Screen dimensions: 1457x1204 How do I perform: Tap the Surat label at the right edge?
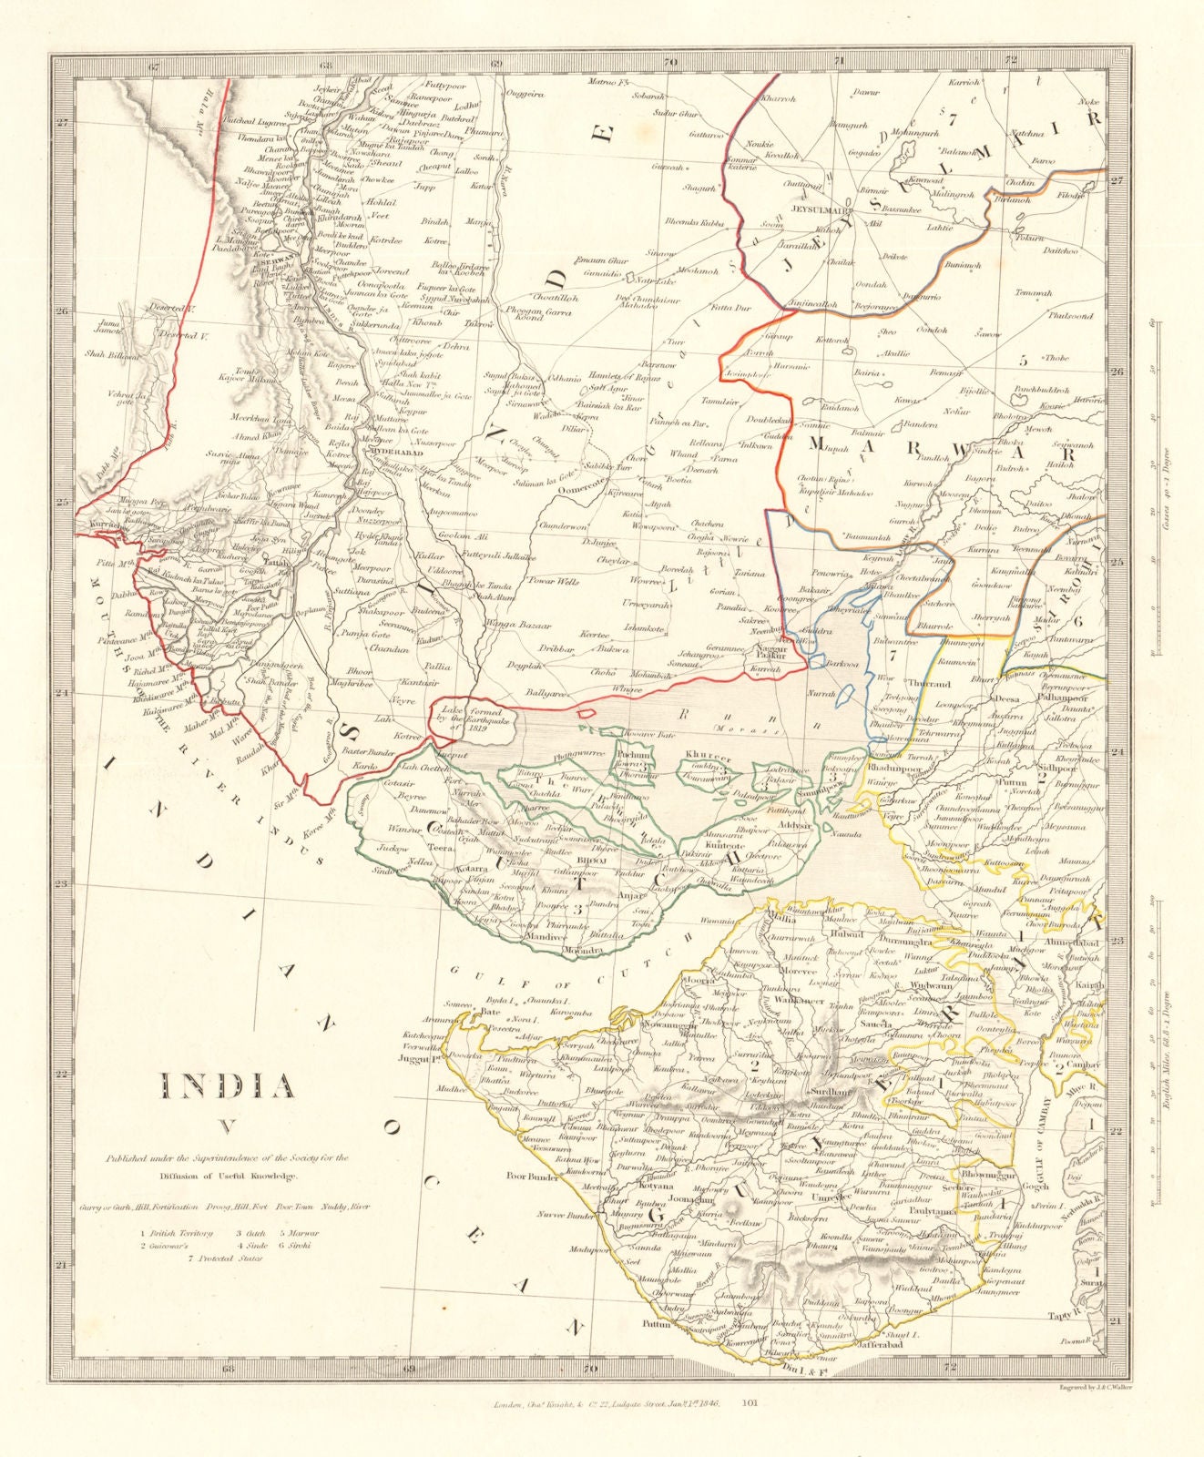(x=1089, y=1281)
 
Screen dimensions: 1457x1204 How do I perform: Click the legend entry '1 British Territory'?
(x=176, y=1233)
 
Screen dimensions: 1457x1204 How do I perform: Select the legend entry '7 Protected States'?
(x=225, y=1258)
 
